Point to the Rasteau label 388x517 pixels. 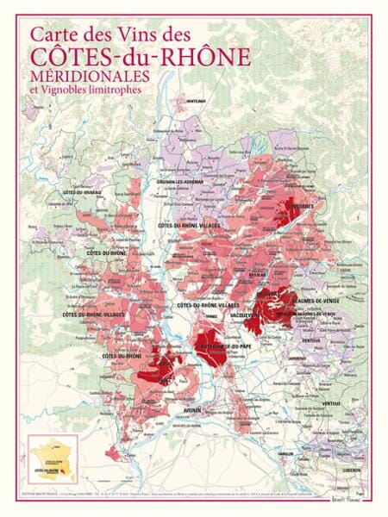[266, 294]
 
